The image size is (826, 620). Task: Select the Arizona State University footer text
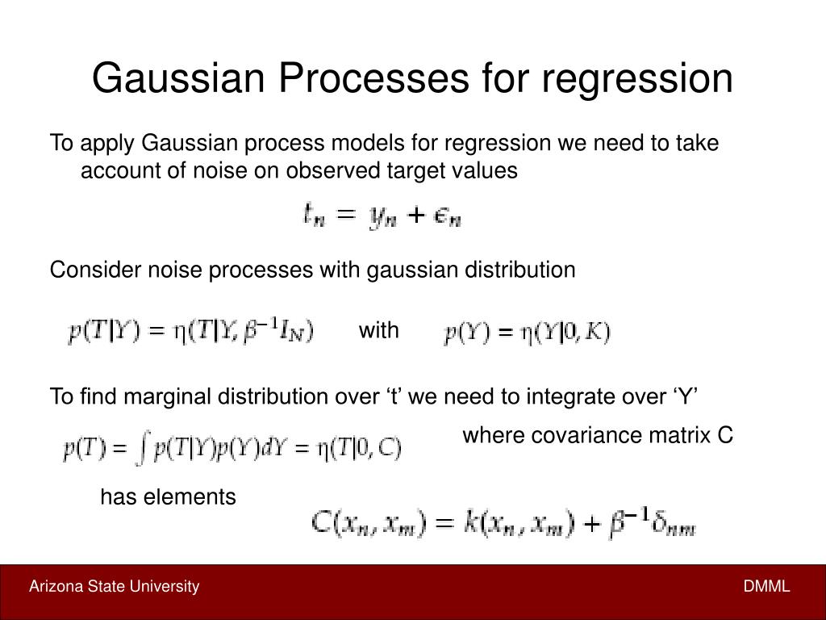tap(114, 587)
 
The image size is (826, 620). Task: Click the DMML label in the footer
tap(766, 587)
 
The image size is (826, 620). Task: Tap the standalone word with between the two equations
tap(378, 330)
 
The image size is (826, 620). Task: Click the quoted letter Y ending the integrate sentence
tap(686, 396)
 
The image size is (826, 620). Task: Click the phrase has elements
tap(168, 497)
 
